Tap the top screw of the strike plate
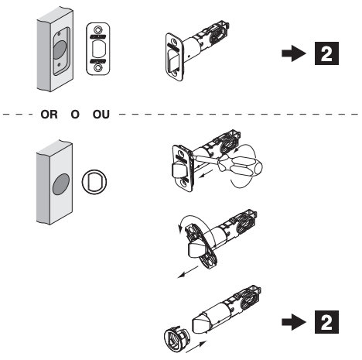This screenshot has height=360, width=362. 98,26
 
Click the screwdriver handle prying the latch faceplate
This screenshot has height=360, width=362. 245,164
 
